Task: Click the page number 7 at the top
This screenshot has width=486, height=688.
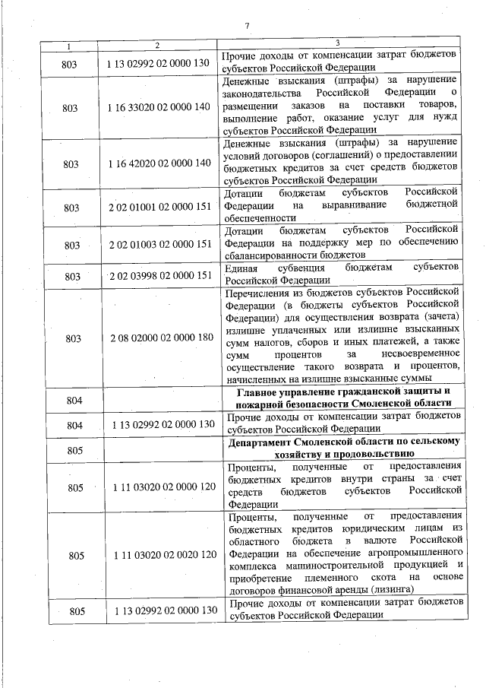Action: tap(248, 27)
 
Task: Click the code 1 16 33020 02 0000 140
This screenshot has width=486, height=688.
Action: tap(159, 109)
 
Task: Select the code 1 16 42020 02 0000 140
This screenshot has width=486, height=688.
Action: tap(159, 163)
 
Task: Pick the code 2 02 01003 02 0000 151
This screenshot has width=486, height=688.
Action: tap(159, 245)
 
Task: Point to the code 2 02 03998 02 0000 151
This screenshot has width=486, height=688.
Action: tap(159, 276)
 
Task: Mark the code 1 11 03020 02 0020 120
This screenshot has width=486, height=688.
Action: tap(159, 555)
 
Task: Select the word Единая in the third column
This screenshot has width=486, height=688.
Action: tap(245, 269)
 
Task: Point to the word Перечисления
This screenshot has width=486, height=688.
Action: tap(262, 291)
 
